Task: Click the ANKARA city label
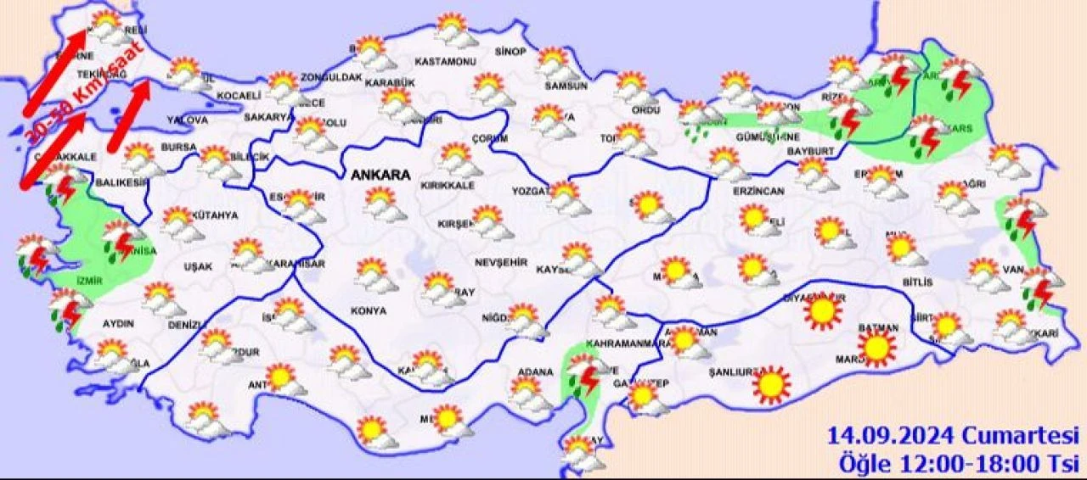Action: [x=380, y=175]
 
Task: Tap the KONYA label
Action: [x=369, y=311]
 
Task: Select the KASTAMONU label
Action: [x=445, y=62]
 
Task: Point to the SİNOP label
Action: [x=510, y=53]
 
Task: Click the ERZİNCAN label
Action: [x=760, y=192]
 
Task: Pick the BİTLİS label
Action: [x=918, y=282]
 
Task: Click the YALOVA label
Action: [x=187, y=120]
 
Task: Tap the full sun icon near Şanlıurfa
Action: [x=771, y=384]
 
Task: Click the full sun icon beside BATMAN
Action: [x=876, y=348]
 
